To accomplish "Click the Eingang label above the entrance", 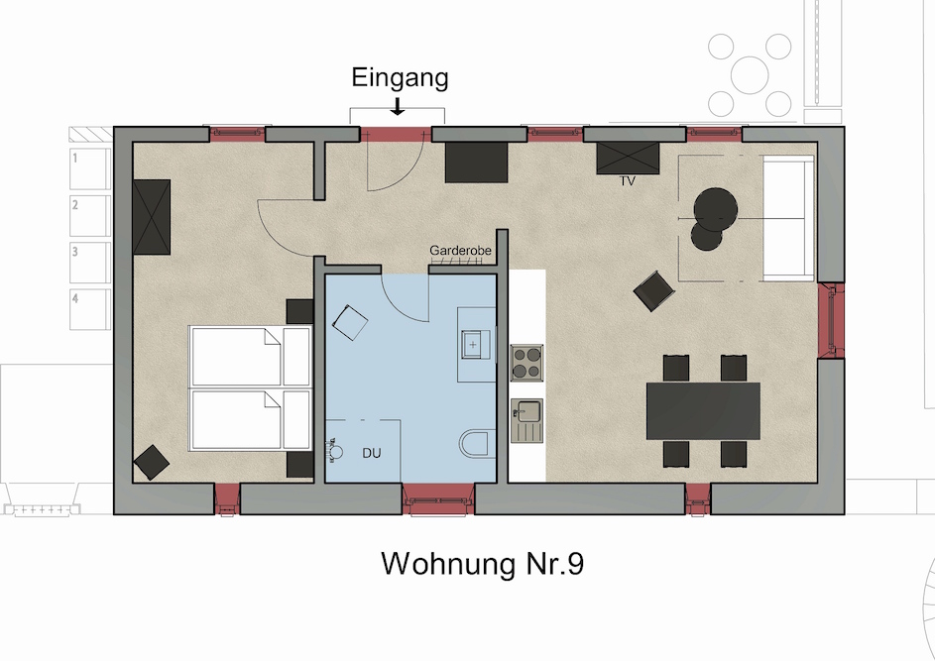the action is [400, 78].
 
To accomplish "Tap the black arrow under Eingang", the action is [398, 105].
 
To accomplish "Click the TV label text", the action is [628, 180].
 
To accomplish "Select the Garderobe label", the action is [460, 250].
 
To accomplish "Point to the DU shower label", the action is [372, 453].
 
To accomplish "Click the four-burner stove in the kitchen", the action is [526, 363].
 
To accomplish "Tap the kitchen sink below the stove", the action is [527, 421].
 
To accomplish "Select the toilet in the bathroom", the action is [477, 443].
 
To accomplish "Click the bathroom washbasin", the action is [475, 345].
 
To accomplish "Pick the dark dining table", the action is [703, 410].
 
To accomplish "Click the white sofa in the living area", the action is [788, 218].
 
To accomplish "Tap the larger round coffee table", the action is [716, 209].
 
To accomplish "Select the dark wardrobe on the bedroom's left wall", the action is [152, 217].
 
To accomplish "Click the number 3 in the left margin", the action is [75, 252].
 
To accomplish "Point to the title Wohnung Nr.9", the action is [483, 564].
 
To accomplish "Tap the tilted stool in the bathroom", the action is [350, 322].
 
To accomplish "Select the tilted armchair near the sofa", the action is [654, 291].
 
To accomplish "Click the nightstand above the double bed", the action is [300, 311].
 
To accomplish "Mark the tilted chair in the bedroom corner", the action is [152, 462].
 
